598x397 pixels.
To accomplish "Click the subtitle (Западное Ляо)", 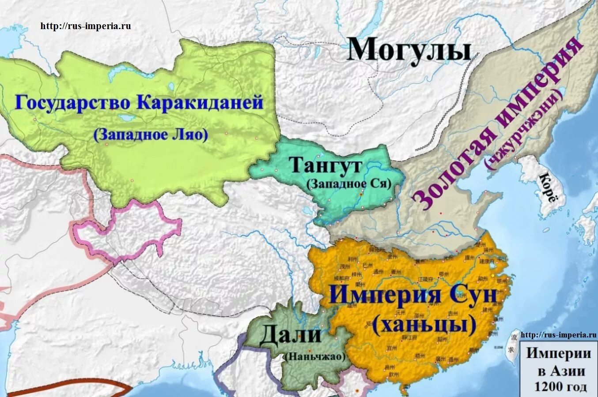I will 151,135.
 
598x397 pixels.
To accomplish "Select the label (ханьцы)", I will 424,326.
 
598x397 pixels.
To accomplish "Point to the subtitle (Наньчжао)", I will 314,356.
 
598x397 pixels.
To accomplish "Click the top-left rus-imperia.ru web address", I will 86,26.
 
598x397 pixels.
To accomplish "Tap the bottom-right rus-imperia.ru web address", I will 558,335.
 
